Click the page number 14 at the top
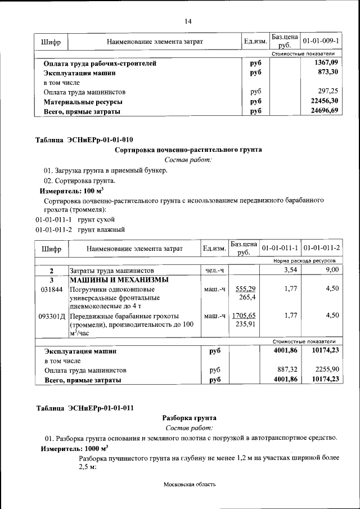[x=188, y=21]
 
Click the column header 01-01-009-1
[x=320, y=41]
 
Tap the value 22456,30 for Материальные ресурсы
[x=324, y=101]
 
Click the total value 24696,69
[x=324, y=111]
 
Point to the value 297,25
[x=328, y=91]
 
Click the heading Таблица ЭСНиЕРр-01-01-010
[x=84, y=140]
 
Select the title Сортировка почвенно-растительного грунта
[x=188, y=150]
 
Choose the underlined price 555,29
[x=245, y=289]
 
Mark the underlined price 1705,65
[x=244, y=316]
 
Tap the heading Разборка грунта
[x=188, y=418]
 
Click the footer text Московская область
[x=190, y=484]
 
